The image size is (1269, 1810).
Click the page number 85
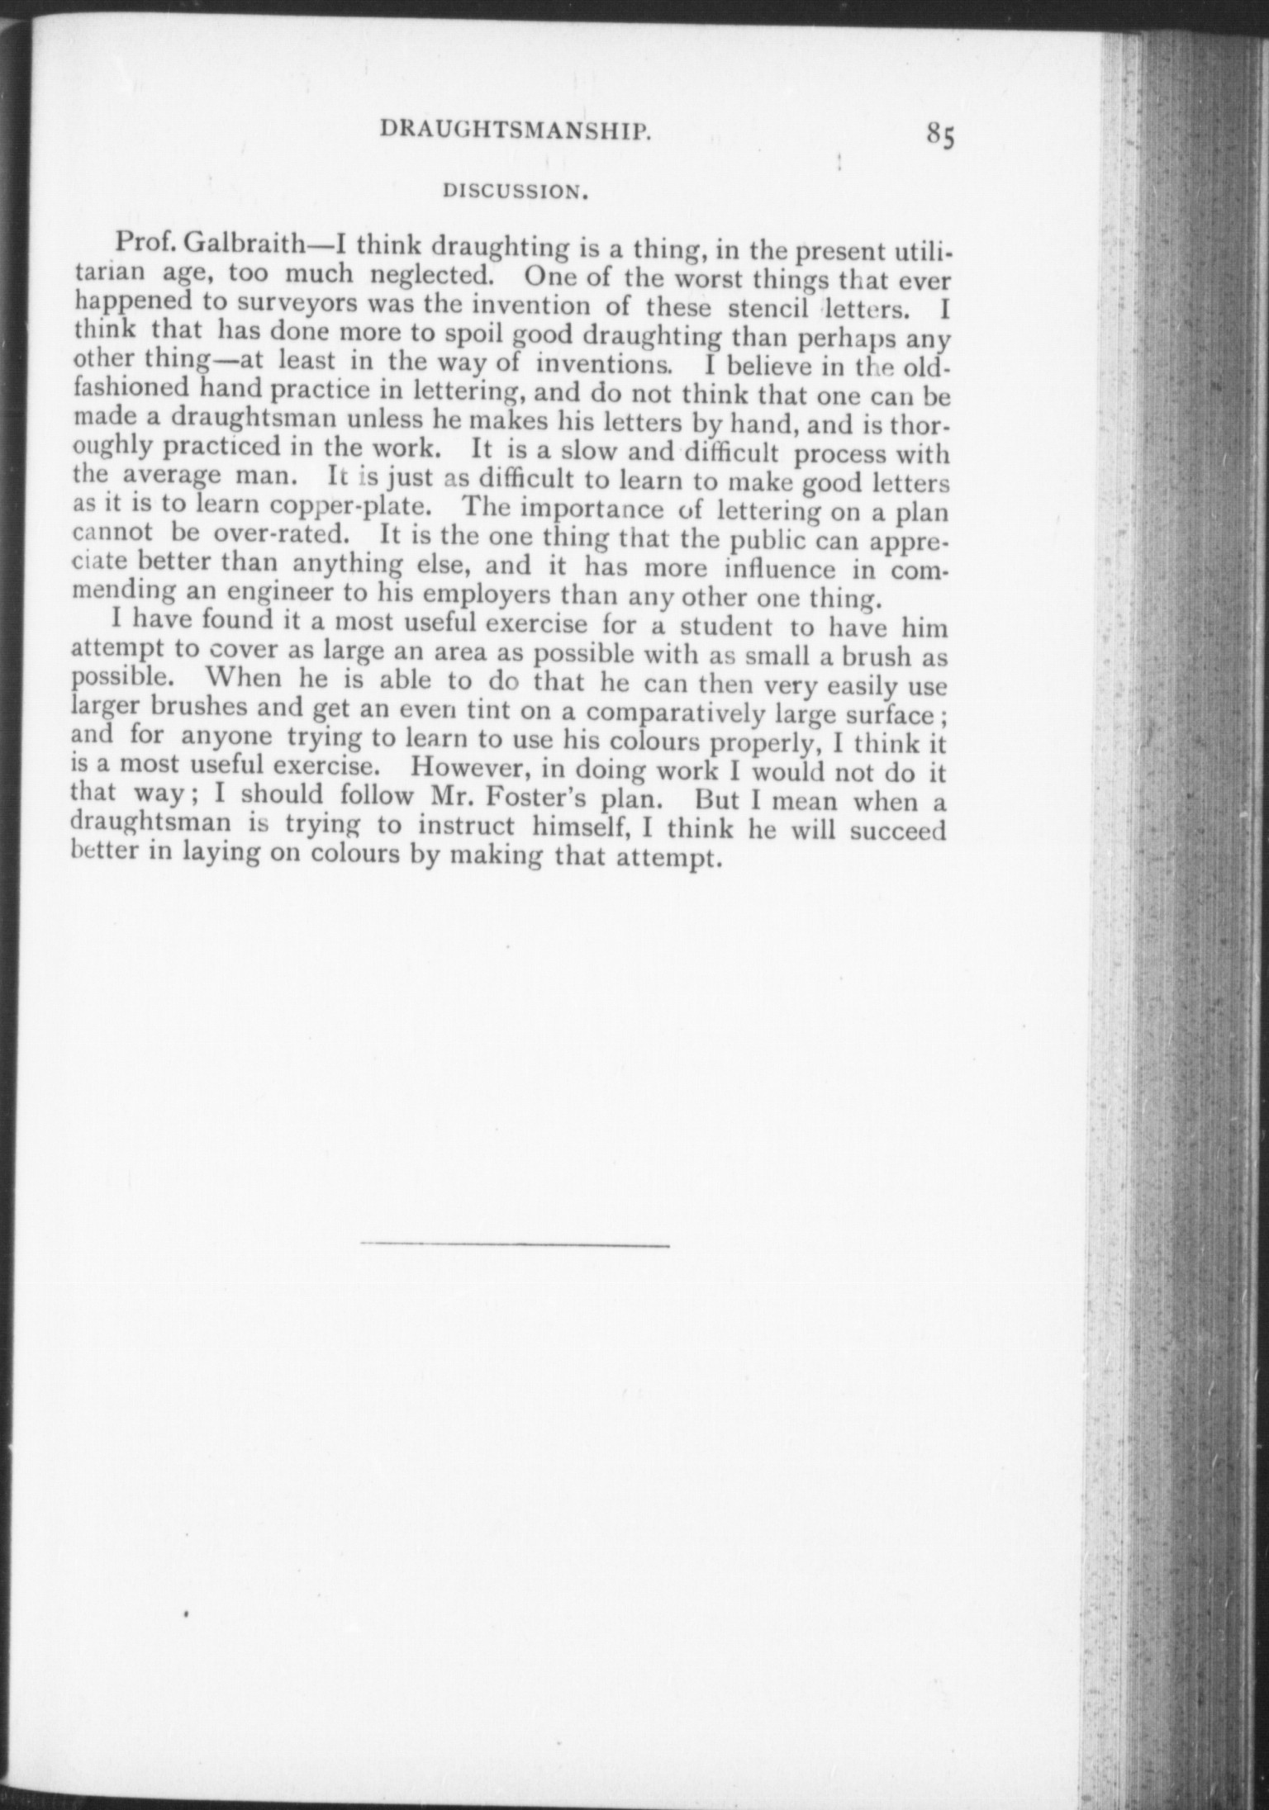point(940,134)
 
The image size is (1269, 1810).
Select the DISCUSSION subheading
point(516,192)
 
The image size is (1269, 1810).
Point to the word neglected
point(424,273)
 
